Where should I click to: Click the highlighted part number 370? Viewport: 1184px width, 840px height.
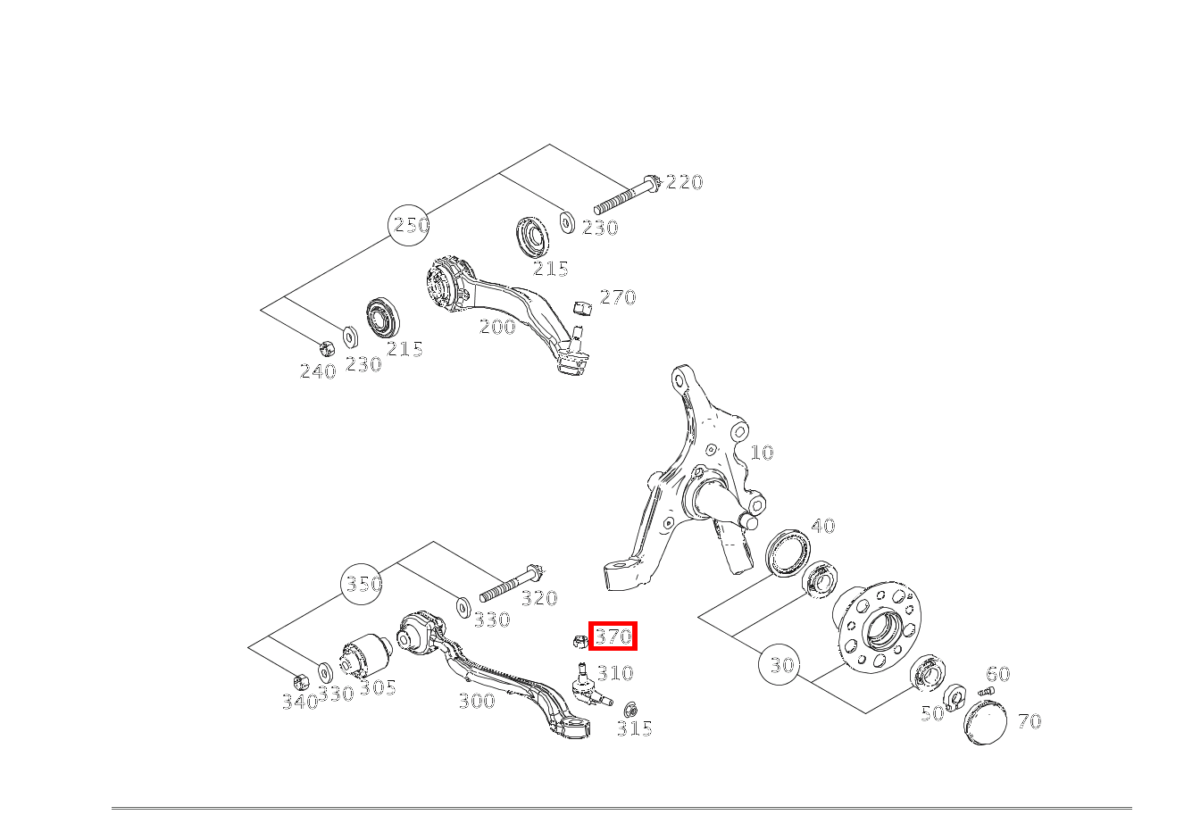[x=613, y=636]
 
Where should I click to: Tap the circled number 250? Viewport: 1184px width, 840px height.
[x=411, y=225]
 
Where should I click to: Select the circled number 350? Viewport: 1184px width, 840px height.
[x=363, y=584]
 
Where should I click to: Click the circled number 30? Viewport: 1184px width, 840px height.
[x=781, y=665]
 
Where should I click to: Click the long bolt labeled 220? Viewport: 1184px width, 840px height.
[x=625, y=195]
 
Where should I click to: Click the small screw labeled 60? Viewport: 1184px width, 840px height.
[x=986, y=691]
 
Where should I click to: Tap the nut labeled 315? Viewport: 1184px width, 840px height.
[x=630, y=710]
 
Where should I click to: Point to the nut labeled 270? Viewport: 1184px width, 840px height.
[x=581, y=308]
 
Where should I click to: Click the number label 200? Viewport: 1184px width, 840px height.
[x=497, y=327]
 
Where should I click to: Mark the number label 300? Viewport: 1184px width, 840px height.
[x=476, y=701]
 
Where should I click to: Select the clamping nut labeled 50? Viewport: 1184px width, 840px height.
[x=954, y=694]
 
